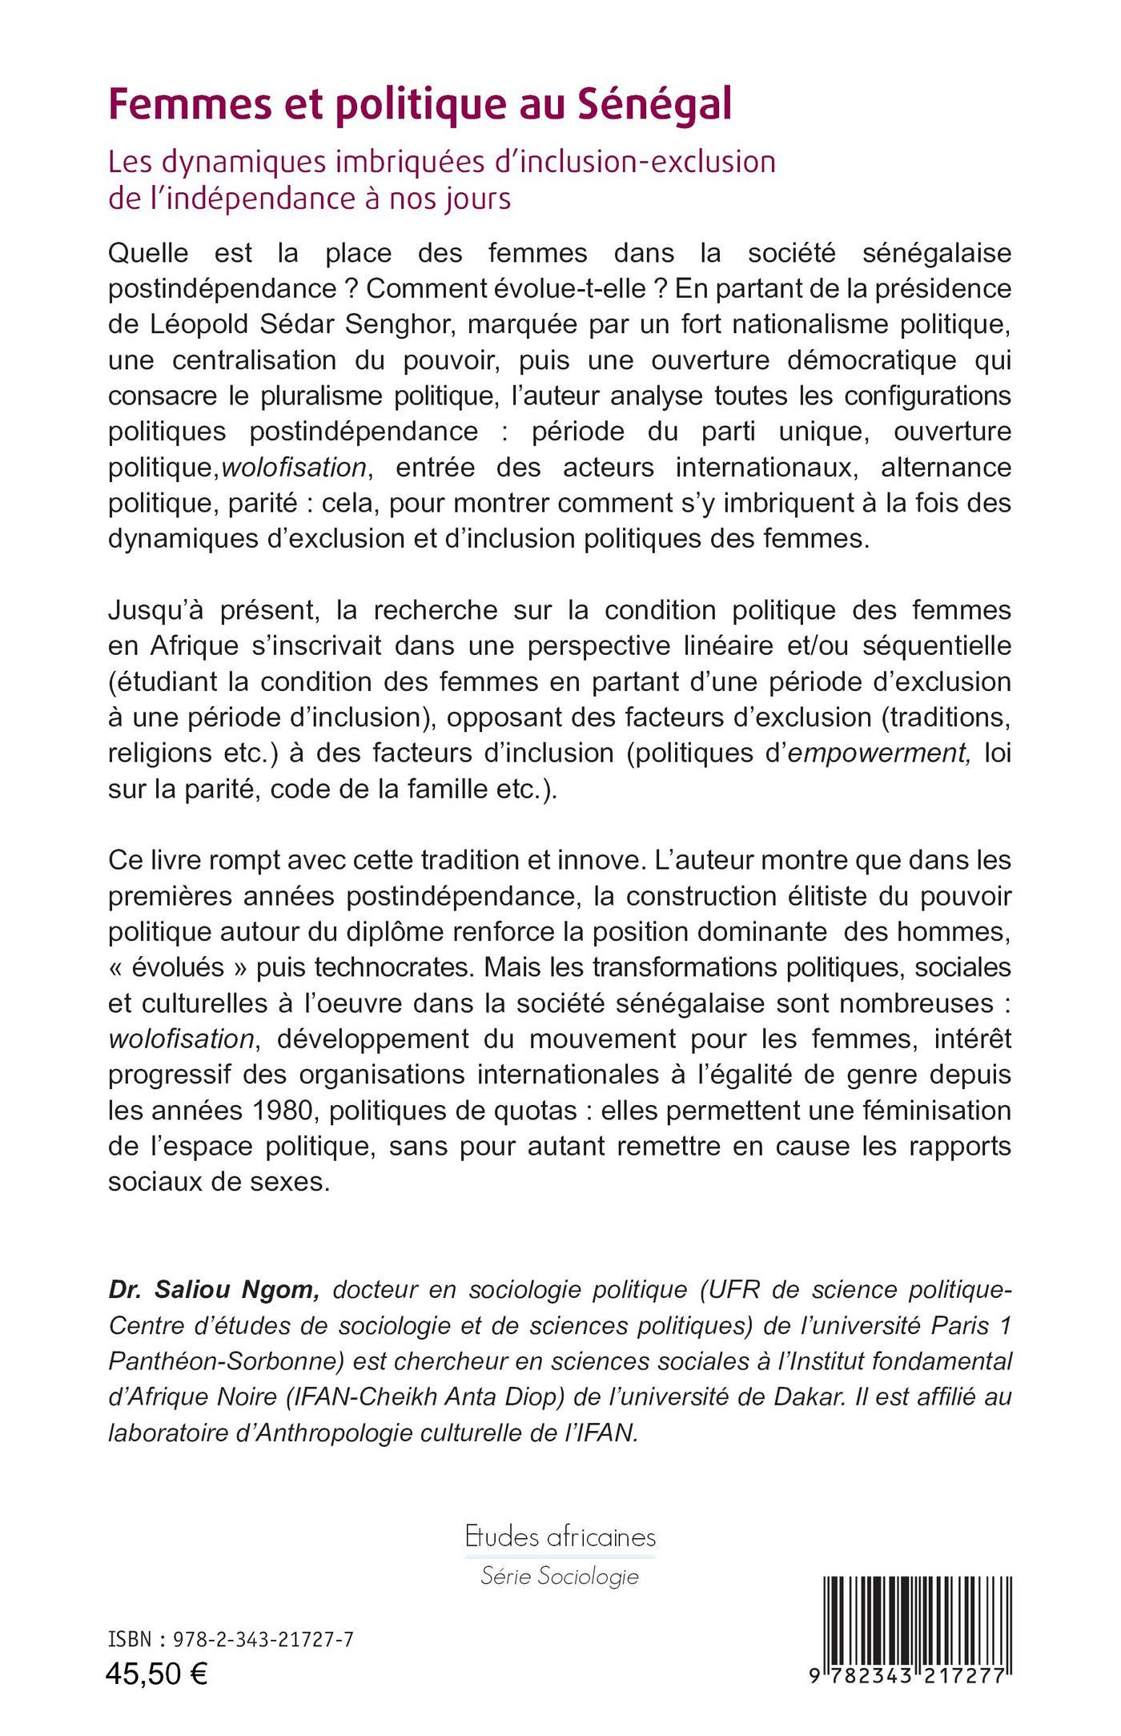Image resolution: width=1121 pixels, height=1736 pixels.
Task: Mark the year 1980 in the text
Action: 283,1111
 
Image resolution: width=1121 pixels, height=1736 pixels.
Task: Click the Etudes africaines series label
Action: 560,1537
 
